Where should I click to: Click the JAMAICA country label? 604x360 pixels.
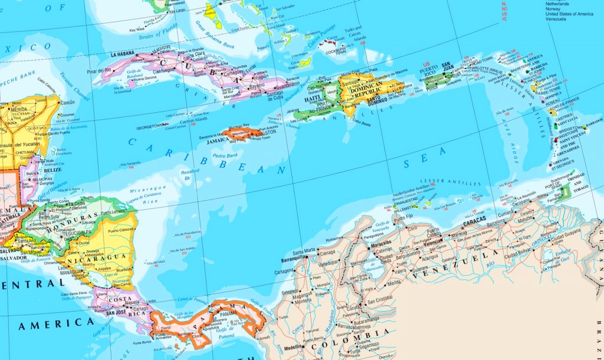click(218, 140)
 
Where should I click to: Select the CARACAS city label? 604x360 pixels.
click(474, 225)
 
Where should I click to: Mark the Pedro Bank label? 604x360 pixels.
click(225, 156)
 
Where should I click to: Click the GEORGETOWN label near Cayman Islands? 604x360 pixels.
click(150, 126)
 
